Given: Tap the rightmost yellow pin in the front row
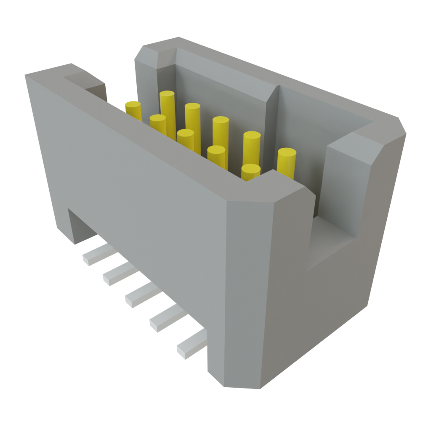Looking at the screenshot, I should (x=251, y=172).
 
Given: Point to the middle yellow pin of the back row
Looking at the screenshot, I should (x=221, y=130).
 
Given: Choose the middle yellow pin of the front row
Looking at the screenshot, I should (x=185, y=139).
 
